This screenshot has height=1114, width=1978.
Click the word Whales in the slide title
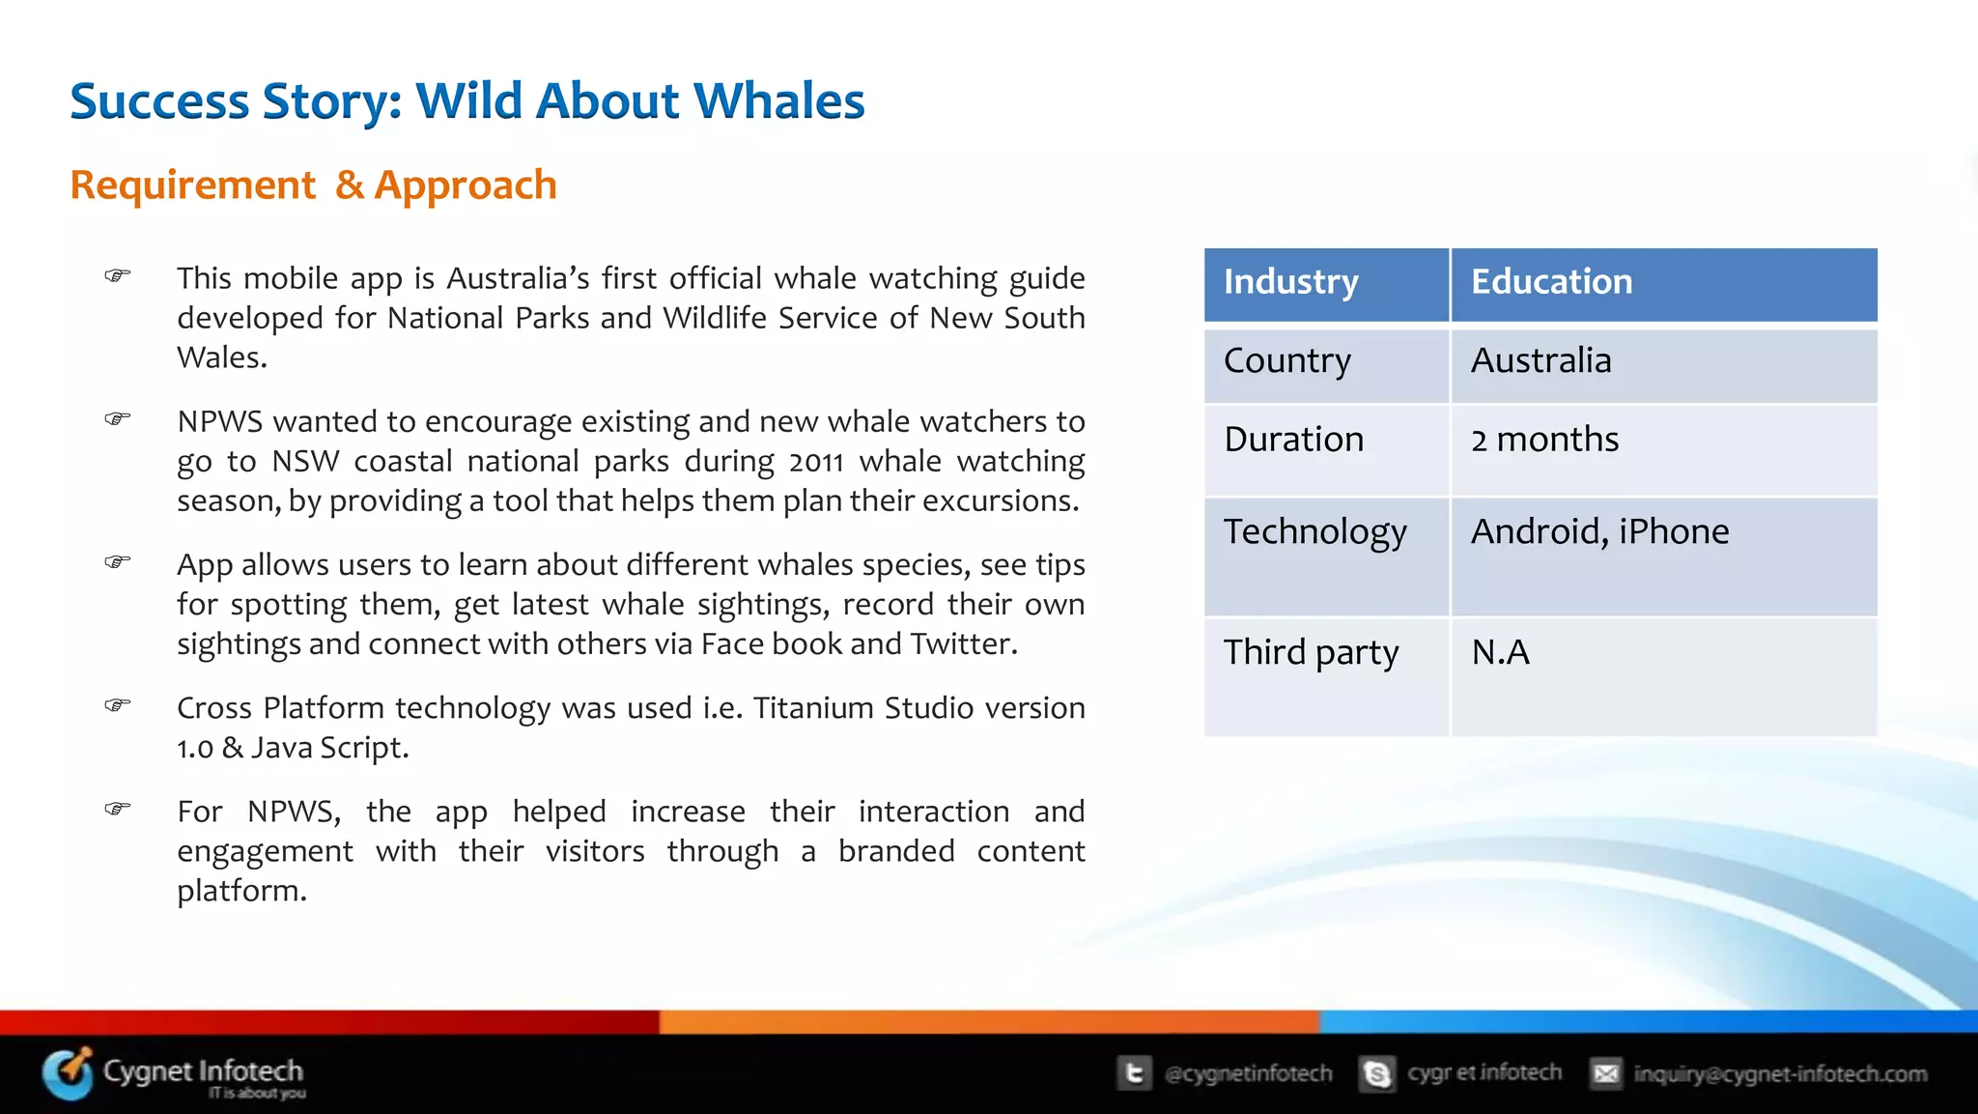click(778, 101)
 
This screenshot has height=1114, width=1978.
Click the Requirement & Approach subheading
click(313, 185)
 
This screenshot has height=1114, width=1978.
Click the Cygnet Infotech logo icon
click(68, 1073)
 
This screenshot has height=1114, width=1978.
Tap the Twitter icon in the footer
click(1134, 1073)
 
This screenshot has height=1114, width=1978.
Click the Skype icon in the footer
click(1377, 1073)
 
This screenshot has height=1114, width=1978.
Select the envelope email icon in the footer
click(1605, 1073)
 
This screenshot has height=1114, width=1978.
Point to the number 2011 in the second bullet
click(816, 463)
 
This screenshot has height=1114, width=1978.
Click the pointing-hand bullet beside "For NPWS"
click(118, 808)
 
